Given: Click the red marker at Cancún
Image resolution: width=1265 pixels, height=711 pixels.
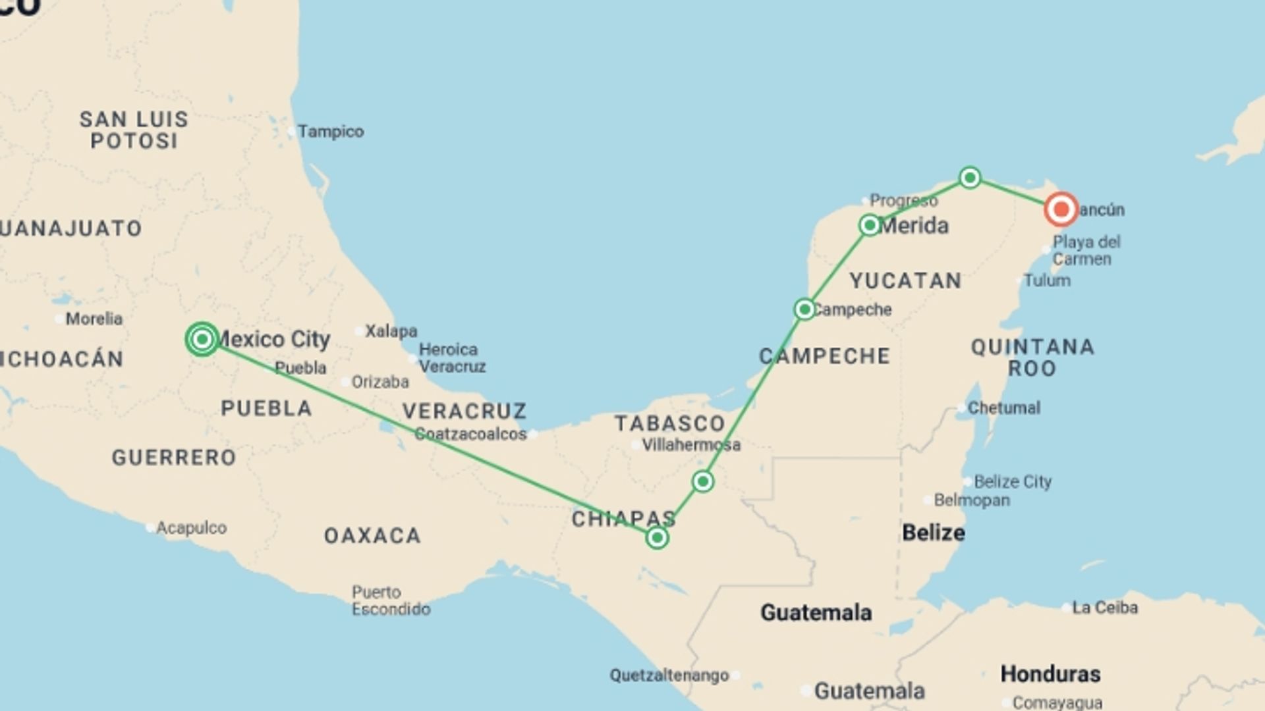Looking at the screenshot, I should click(1061, 210).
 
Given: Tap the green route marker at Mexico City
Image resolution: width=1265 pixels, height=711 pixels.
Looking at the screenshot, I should click(202, 339).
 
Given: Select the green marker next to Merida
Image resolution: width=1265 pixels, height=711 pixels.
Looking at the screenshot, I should click(870, 225).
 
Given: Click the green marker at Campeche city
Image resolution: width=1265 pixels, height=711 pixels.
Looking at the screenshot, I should click(804, 309).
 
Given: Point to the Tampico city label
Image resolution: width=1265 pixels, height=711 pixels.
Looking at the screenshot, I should click(330, 132).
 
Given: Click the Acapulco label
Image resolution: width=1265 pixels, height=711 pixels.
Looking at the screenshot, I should click(191, 528).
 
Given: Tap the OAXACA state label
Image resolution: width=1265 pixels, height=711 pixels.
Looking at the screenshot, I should click(372, 536).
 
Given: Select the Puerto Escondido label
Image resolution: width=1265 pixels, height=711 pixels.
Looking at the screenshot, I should click(390, 600).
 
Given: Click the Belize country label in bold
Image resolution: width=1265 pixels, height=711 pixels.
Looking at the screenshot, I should click(933, 533).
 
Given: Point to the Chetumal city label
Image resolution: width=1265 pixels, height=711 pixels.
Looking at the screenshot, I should click(1003, 408).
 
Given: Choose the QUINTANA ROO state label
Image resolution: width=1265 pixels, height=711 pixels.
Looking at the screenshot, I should click(1032, 357).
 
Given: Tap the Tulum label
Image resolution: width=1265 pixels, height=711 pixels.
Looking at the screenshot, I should click(1046, 280).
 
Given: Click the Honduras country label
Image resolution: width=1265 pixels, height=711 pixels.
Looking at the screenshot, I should click(1050, 674).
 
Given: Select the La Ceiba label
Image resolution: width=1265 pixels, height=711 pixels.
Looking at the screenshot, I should click(1104, 607).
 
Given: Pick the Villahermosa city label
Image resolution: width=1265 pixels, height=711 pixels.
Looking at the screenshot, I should click(690, 445).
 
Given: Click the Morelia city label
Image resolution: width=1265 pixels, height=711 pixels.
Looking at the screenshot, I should click(94, 319).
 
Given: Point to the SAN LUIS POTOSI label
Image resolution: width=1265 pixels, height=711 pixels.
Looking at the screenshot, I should click(134, 130).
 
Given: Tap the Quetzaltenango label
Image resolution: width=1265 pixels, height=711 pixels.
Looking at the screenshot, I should click(669, 675).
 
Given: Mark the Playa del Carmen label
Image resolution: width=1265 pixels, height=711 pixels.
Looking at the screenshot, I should click(1086, 250).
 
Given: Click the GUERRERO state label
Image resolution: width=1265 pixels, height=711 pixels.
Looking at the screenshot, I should click(174, 458).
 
